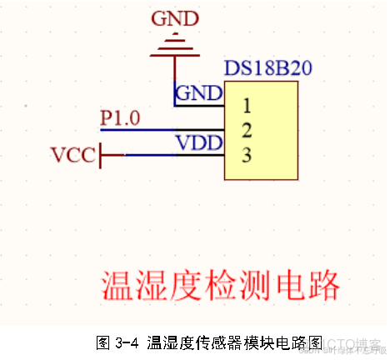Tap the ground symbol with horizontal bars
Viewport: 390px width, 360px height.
(x=174, y=45)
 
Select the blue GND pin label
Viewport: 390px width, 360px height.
(x=197, y=92)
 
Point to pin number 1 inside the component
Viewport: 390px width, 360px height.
(x=247, y=106)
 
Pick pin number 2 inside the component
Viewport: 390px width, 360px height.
(x=247, y=130)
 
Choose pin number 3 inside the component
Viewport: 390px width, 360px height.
(x=247, y=154)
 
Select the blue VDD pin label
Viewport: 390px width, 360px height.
(x=198, y=142)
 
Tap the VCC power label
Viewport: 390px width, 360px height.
(x=72, y=155)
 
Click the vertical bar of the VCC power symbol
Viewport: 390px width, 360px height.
(x=101, y=155)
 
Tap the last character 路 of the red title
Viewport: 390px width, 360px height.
(x=326, y=286)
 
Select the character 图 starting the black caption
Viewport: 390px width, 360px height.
(x=103, y=342)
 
